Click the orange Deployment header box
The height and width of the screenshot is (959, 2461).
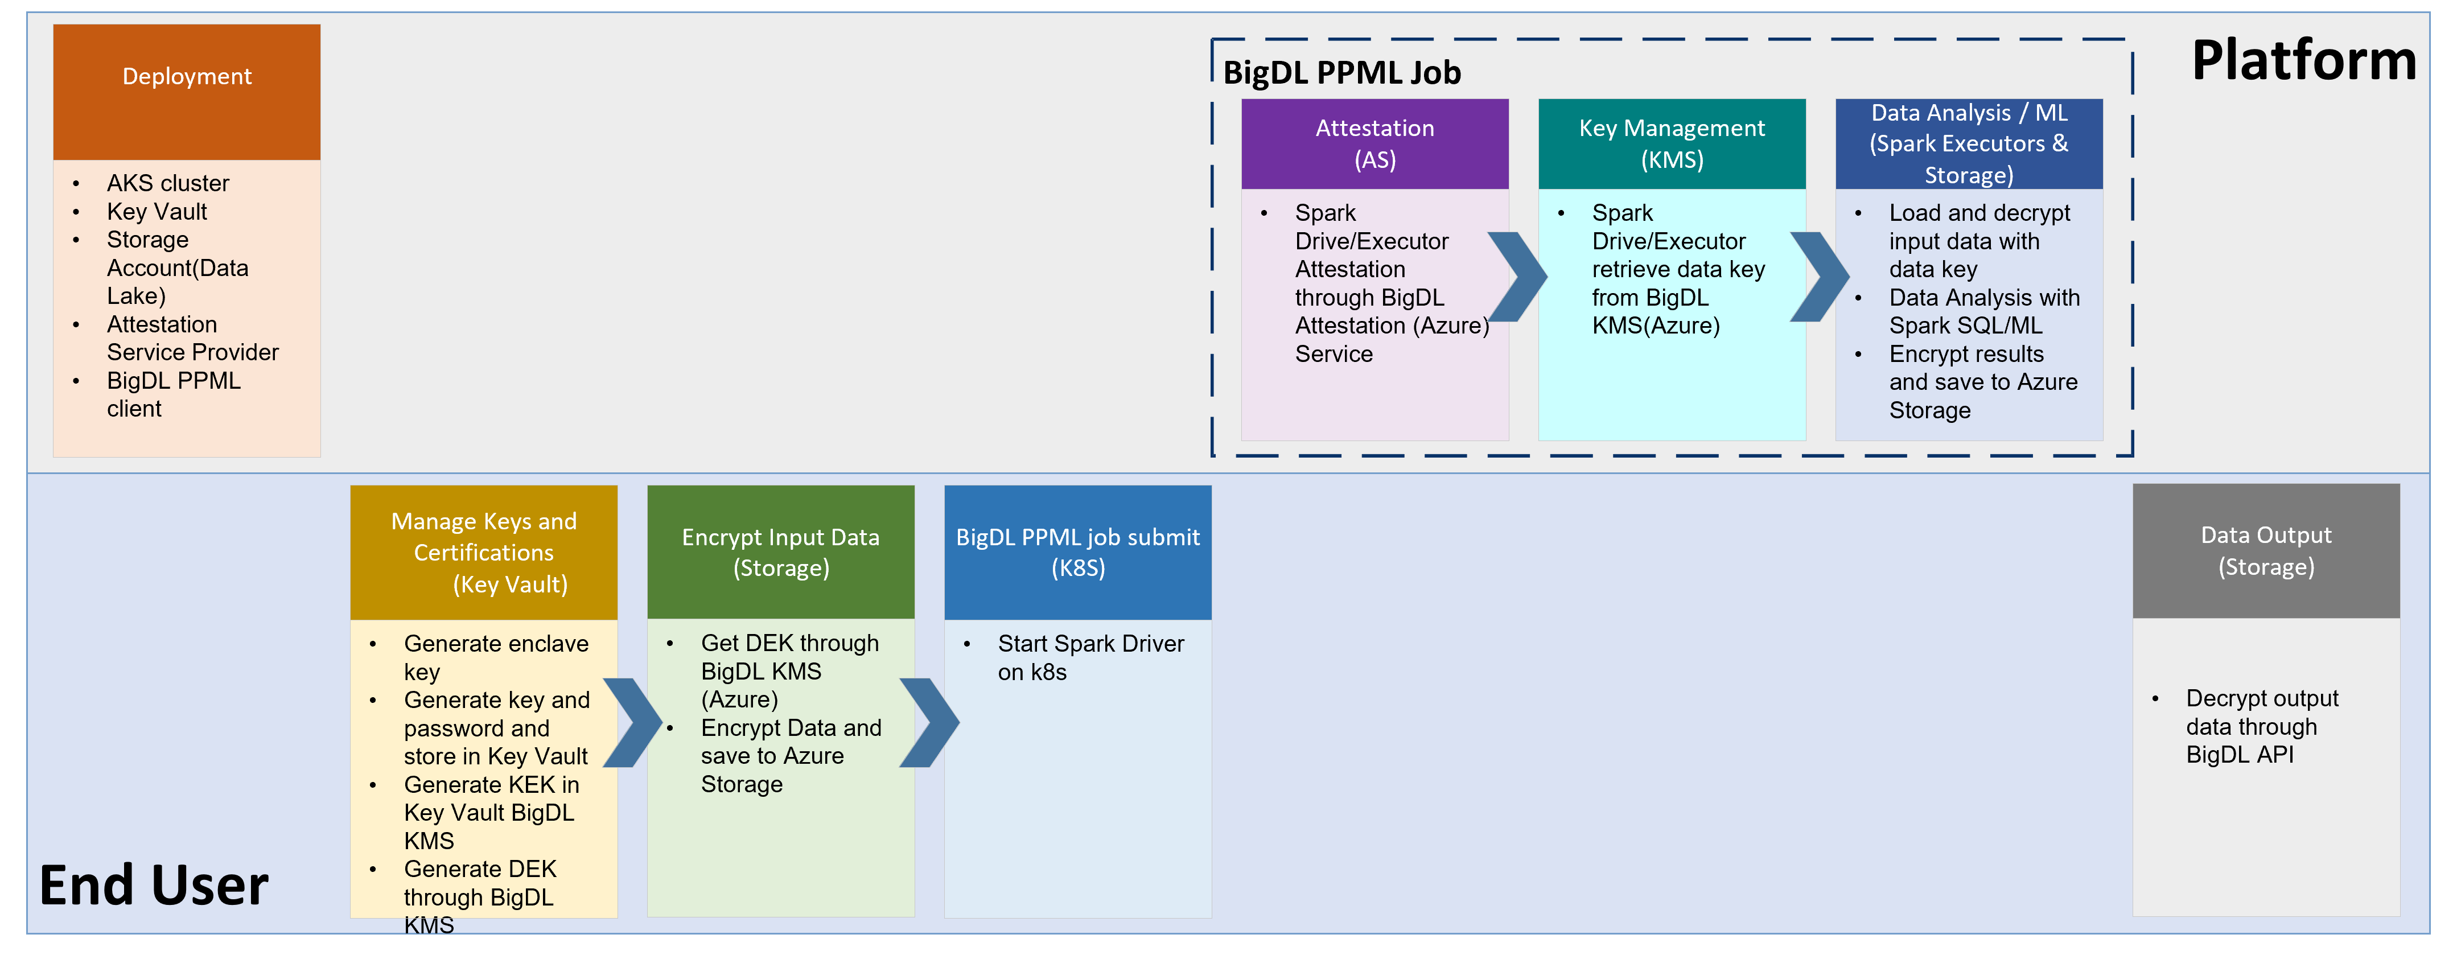tap(186, 92)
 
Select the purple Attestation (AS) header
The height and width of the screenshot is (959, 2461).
tap(1374, 143)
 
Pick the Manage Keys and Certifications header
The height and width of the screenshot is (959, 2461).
tap(483, 552)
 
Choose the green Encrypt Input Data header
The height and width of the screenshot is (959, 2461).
tap(780, 552)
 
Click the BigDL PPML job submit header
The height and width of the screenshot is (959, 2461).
tap(1077, 552)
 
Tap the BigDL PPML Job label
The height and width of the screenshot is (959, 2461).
tap(1341, 73)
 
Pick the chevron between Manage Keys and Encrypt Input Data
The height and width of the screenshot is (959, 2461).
tap(632, 722)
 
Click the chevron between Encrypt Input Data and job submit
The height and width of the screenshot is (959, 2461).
tap(929, 722)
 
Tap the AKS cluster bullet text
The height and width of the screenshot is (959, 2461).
tap(167, 183)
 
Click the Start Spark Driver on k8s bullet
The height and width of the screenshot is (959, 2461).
tap(1090, 657)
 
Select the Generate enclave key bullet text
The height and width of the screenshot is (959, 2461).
tap(495, 657)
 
